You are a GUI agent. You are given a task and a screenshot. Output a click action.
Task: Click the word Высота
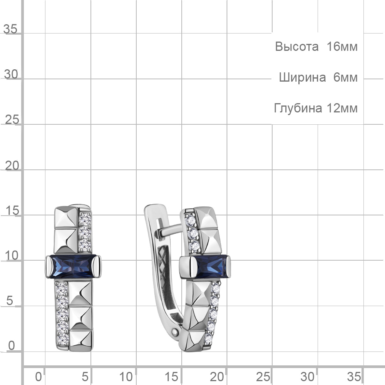(x=296, y=47)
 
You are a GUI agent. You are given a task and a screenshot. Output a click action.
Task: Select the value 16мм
(x=342, y=47)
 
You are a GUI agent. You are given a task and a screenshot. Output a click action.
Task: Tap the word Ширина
(x=303, y=78)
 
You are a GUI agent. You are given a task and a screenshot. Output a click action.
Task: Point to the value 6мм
(x=345, y=77)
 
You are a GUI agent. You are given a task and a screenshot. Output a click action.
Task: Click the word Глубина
(x=298, y=108)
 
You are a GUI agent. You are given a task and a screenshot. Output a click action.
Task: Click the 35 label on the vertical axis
(x=10, y=29)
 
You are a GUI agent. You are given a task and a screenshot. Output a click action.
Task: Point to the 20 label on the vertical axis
(x=12, y=166)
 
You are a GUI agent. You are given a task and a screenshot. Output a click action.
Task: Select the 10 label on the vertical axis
(x=12, y=256)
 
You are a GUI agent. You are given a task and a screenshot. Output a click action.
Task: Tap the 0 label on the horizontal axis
(x=38, y=377)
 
